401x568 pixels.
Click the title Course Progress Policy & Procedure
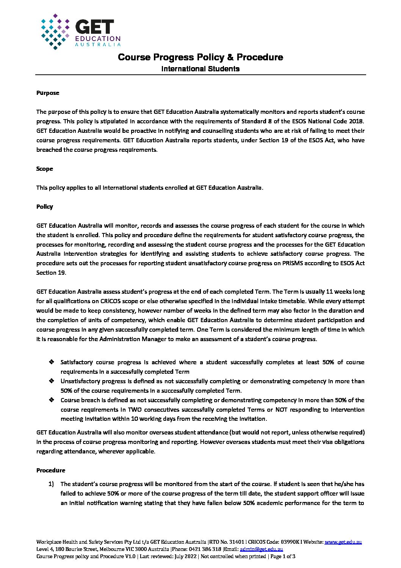[x=200, y=57]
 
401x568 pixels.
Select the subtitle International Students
[x=200, y=69]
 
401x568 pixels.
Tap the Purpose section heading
[x=48, y=93]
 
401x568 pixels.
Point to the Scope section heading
[x=45, y=169]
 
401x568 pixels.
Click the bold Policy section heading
[x=45, y=207]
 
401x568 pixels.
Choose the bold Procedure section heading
[x=51, y=470]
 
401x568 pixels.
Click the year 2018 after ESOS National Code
[x=356, y=121]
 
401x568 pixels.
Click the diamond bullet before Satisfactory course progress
[x=52, y=362]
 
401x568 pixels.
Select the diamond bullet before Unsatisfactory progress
[x=52, y=381]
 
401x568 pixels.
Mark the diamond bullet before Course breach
[x=52, y=400]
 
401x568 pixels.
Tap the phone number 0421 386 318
[x=206, y=549]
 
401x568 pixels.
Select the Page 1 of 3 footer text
[x=283, y=557]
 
